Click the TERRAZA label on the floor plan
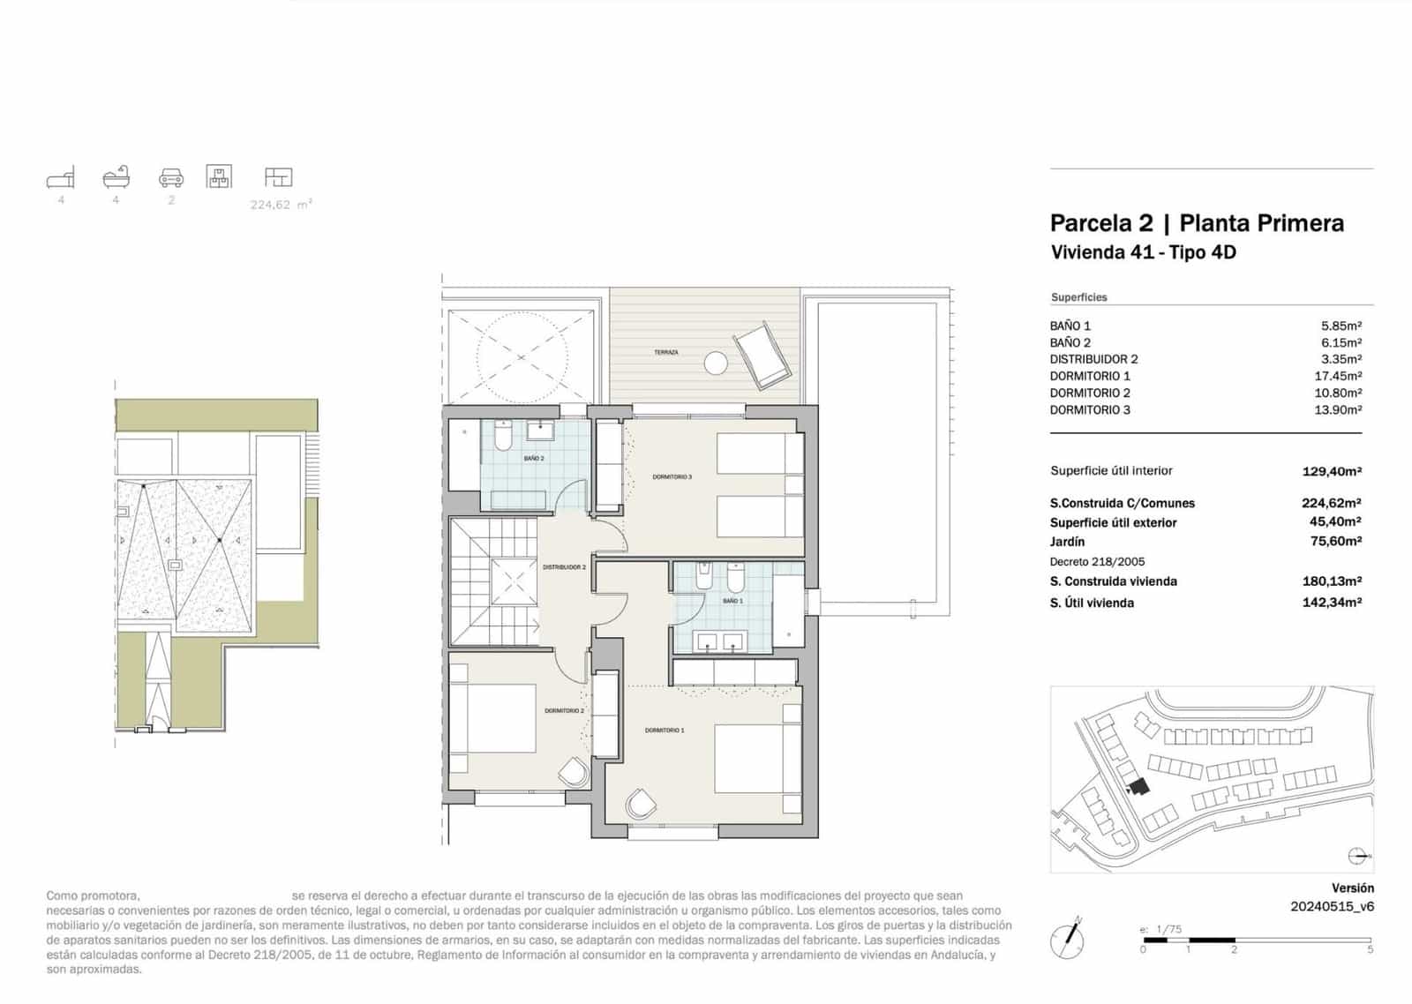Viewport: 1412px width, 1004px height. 666,352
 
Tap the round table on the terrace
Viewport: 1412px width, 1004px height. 716,363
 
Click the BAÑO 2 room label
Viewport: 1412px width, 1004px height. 534,459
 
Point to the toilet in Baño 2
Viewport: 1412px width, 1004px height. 503,437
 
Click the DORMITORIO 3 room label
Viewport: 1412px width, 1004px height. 672,476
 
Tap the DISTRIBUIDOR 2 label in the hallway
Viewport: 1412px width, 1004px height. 564,567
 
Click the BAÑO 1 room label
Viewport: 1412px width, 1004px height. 732,601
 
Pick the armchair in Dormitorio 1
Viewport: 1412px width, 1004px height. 641,804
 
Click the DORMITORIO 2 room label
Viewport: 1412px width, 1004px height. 564,710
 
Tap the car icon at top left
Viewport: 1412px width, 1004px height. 171,178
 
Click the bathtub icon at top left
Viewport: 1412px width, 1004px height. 116,177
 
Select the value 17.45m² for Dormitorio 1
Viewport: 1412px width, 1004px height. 1338,376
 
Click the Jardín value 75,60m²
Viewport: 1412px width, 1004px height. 1335,542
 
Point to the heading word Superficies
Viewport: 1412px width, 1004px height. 1078,297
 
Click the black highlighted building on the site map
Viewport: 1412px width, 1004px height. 1138,786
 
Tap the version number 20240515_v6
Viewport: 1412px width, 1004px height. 1332,906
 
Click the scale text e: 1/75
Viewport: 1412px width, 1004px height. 1160,929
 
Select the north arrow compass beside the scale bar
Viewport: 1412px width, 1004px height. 1068,940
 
